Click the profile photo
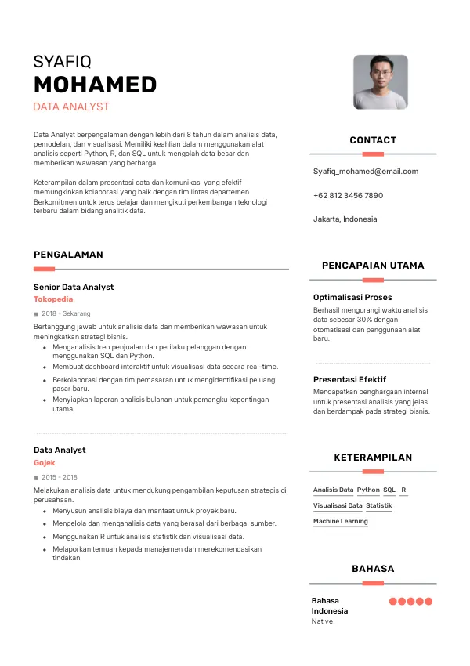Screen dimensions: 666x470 [380, 81]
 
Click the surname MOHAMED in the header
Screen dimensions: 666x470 [95, 85]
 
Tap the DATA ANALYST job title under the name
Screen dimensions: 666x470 [71, 107]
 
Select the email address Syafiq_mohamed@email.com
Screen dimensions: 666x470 [366, 171]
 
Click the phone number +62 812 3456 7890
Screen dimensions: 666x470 [348, 195]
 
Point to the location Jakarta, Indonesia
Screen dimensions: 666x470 [345, 219]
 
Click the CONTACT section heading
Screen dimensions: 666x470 [373, 140]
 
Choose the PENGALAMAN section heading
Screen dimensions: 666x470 [68, 255]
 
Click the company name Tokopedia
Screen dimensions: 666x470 [53, 299]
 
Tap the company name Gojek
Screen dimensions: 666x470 [45, 463]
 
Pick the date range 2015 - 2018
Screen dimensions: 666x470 [60, 477]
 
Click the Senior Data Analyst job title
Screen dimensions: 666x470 [74, 288]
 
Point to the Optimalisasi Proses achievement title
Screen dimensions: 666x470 [352, 298]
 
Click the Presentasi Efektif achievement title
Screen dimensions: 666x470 [349, 380]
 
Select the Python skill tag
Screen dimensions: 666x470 [368, 490]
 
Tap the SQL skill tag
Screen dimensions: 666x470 [389, 490]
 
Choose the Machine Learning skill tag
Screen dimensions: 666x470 [340, 521]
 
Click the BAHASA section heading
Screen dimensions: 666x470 [373, 569]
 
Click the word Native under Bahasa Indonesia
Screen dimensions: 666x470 [322, 621]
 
